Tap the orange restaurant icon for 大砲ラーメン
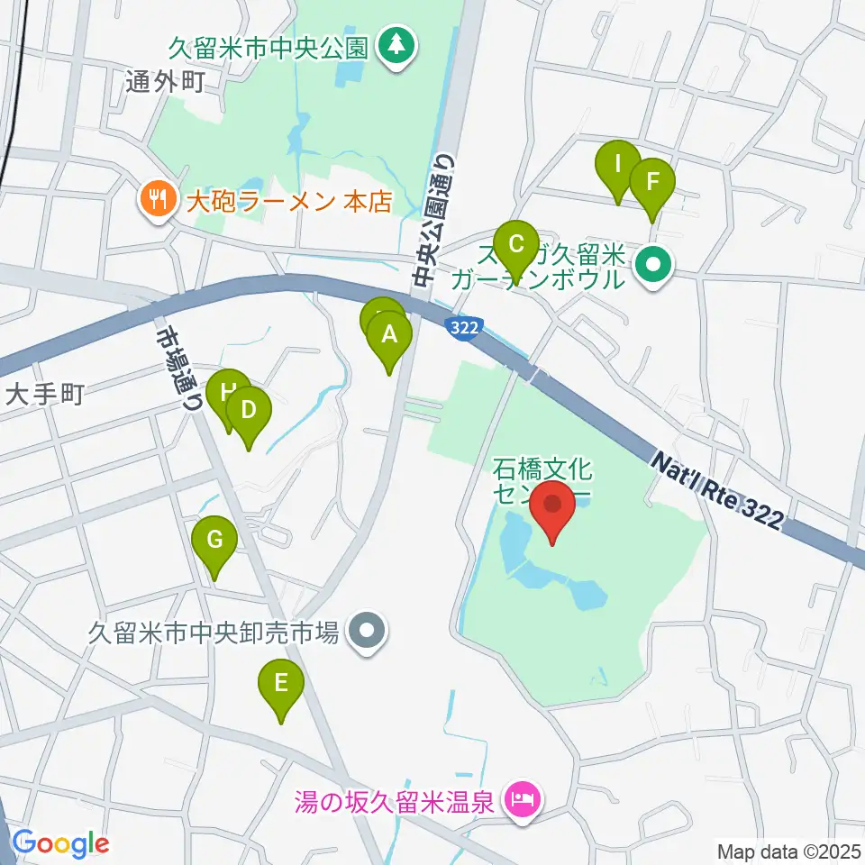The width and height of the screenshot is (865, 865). click(x=159, y=199)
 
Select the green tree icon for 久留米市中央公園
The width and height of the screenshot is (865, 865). click(x=395, y=44)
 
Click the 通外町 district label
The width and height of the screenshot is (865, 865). click(x=168, y=83)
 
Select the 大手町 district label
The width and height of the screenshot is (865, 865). click(x=45, y=394)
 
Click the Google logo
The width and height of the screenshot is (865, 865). click(x=60, y=843)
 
